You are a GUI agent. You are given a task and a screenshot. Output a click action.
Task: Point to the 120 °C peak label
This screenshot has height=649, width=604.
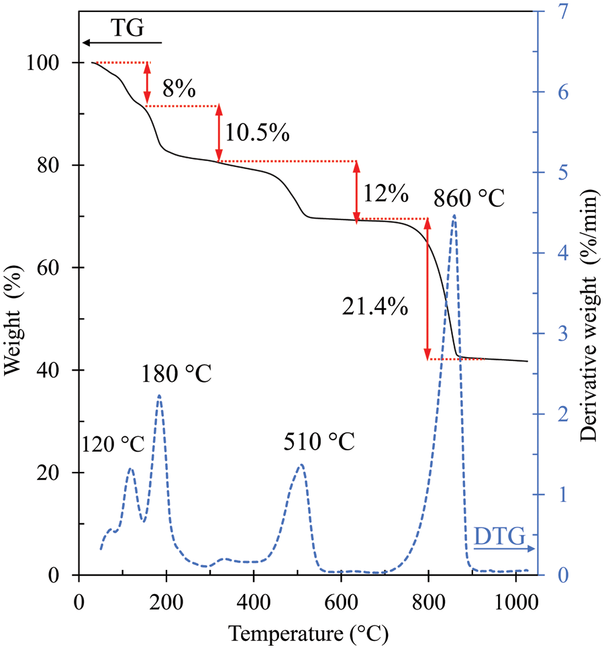[x=113, y=444]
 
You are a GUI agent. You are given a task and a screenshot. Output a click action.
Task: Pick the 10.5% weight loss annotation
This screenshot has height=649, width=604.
[x=257, y=132]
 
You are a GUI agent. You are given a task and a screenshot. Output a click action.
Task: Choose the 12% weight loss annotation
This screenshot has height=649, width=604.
[x=386, y=194]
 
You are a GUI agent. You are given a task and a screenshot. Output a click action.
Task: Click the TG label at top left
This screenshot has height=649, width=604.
[x=127, y=29]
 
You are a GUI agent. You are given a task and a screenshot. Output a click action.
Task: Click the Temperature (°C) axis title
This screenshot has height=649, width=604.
[x=308, y=632]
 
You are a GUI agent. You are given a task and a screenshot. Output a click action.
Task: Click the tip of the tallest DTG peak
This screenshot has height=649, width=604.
[x=454, y=215]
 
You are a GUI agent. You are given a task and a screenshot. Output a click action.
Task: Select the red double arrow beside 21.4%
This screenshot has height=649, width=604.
[x=427, y=289]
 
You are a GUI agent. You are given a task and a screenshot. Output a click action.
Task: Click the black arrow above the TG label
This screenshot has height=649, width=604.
[x=121, y=42]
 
